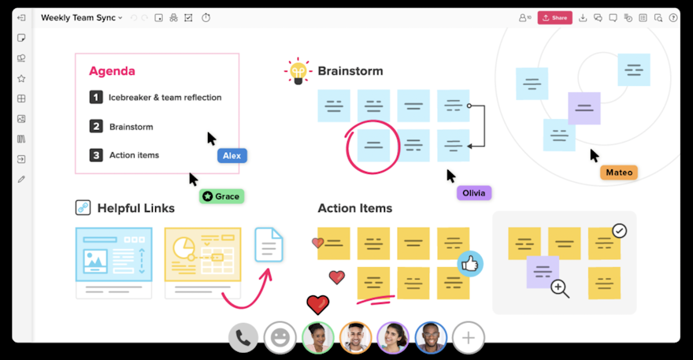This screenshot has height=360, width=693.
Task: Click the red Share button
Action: tap(554, 17)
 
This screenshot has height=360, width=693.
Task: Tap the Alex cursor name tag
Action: tap(232, 156)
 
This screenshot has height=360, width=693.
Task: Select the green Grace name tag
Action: tap(221, 196)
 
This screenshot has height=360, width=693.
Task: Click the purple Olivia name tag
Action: tap(474, 193)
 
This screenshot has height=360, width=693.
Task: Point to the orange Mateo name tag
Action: tap(619, 173)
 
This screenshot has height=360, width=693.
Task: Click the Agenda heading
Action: tap(113, 71)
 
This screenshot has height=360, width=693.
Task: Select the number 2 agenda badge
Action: tap(96, 127)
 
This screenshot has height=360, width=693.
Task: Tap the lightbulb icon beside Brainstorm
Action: tap(298, 71)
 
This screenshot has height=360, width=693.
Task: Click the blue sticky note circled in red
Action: tap(373, 146)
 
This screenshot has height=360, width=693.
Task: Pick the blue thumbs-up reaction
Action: tap(470, 264)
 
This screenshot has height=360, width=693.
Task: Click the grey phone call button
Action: tap(243, 338)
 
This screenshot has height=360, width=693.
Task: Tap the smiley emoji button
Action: tap(280, 338)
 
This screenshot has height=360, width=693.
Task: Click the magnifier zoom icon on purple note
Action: tap(560, 288)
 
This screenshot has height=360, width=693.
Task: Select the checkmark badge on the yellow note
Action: tap(619, 231)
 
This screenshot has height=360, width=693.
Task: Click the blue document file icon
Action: tap(269, 244)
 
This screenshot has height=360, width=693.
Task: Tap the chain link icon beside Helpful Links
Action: tap(83, 207)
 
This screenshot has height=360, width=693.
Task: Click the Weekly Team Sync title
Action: tap(78, 17)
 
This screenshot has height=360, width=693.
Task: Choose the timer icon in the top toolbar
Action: tap(206, 17)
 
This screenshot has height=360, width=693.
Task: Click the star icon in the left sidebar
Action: tap(21, 78)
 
